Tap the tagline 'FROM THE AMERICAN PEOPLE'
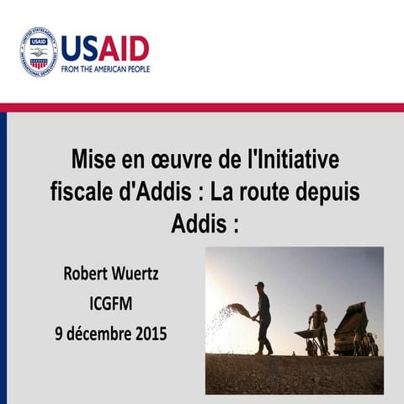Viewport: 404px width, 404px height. click(104, 69)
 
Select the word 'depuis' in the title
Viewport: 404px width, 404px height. click(328, 193)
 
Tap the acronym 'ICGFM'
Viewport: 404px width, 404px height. click(115, 303)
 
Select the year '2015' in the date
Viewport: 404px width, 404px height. click(147, 332)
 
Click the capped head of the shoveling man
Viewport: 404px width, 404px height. click(260, 286)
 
